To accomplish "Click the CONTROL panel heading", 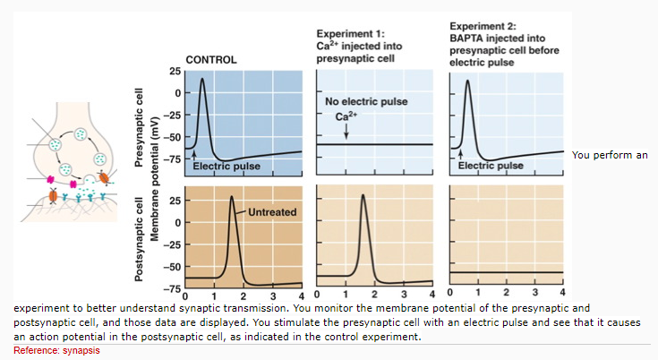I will click(210, 60).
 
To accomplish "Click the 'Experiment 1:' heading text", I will click(346, 33).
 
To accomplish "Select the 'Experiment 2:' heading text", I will click(479, 28).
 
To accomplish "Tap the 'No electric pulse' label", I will click(365, 101).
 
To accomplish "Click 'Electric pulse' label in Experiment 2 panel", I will click(491, 166).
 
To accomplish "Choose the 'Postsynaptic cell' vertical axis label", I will click(139, 238).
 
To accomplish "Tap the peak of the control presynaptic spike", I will click(202, 79).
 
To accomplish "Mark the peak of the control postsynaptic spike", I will click(232, 196).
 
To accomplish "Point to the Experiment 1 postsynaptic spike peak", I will click(363, 196).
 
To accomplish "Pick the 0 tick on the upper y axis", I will click(178, 92).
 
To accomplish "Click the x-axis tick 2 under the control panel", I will click(243, 296).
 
